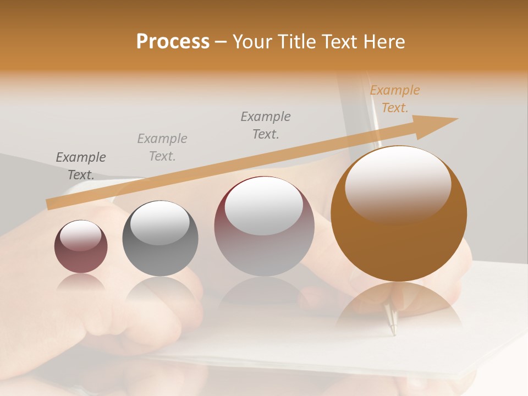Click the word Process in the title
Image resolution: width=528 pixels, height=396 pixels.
(x=173, y=42)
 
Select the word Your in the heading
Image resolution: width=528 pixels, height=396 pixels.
(x=254, y=42)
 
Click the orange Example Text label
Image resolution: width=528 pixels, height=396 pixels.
(x=394, y=99)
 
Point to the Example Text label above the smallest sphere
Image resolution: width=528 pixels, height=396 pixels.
(x=81, y=166)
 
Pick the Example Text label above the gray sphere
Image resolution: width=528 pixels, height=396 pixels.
(x=162, y=147)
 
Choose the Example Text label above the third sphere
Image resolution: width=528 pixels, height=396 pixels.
(x=266, y=125)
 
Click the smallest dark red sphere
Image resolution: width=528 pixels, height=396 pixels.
(x=81, y=247)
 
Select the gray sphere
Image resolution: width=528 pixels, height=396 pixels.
(x=160, y=239)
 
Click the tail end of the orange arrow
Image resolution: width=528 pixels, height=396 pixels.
(x=50, y=205)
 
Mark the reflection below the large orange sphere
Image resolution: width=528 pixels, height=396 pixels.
(x=399, y=306)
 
